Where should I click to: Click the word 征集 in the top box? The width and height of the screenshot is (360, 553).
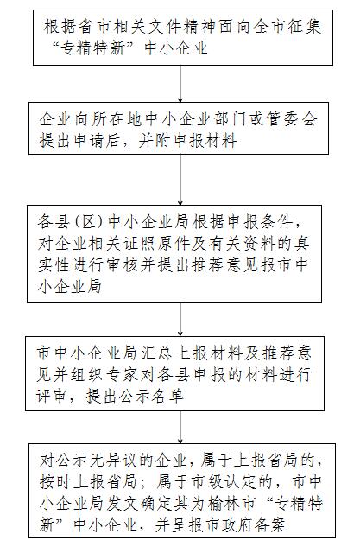coord(305,27)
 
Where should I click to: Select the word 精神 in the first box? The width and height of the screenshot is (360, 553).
coord(199,27)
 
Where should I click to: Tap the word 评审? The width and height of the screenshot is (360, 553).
coord(52,396)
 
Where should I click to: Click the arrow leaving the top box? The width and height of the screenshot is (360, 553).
coord(180,84)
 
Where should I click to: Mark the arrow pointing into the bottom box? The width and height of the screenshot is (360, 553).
coord(180,428)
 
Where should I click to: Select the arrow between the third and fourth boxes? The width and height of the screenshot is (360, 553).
coord(180,320)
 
